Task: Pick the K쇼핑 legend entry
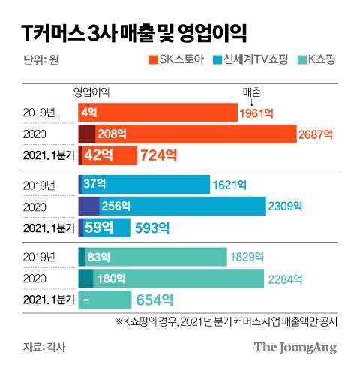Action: (319, 59)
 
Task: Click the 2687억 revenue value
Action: (315, 134)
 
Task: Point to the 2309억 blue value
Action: (286, 205)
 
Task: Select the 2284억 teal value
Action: (285, 279)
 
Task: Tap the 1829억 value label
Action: (247, 258)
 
